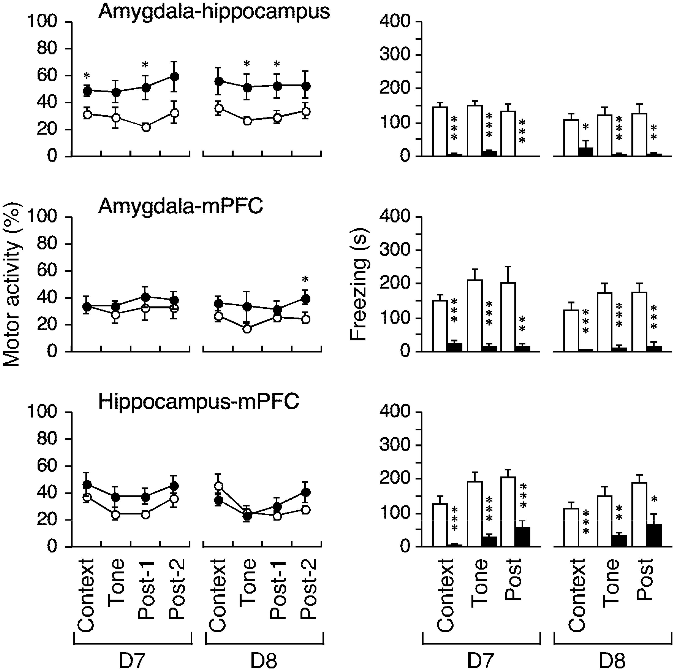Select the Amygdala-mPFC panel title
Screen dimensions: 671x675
pos(180,207)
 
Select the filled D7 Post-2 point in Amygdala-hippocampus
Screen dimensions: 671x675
pos(175,77)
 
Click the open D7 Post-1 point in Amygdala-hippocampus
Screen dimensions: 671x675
pos(146,127)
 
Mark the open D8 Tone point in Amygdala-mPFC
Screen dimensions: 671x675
pos(247,329)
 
